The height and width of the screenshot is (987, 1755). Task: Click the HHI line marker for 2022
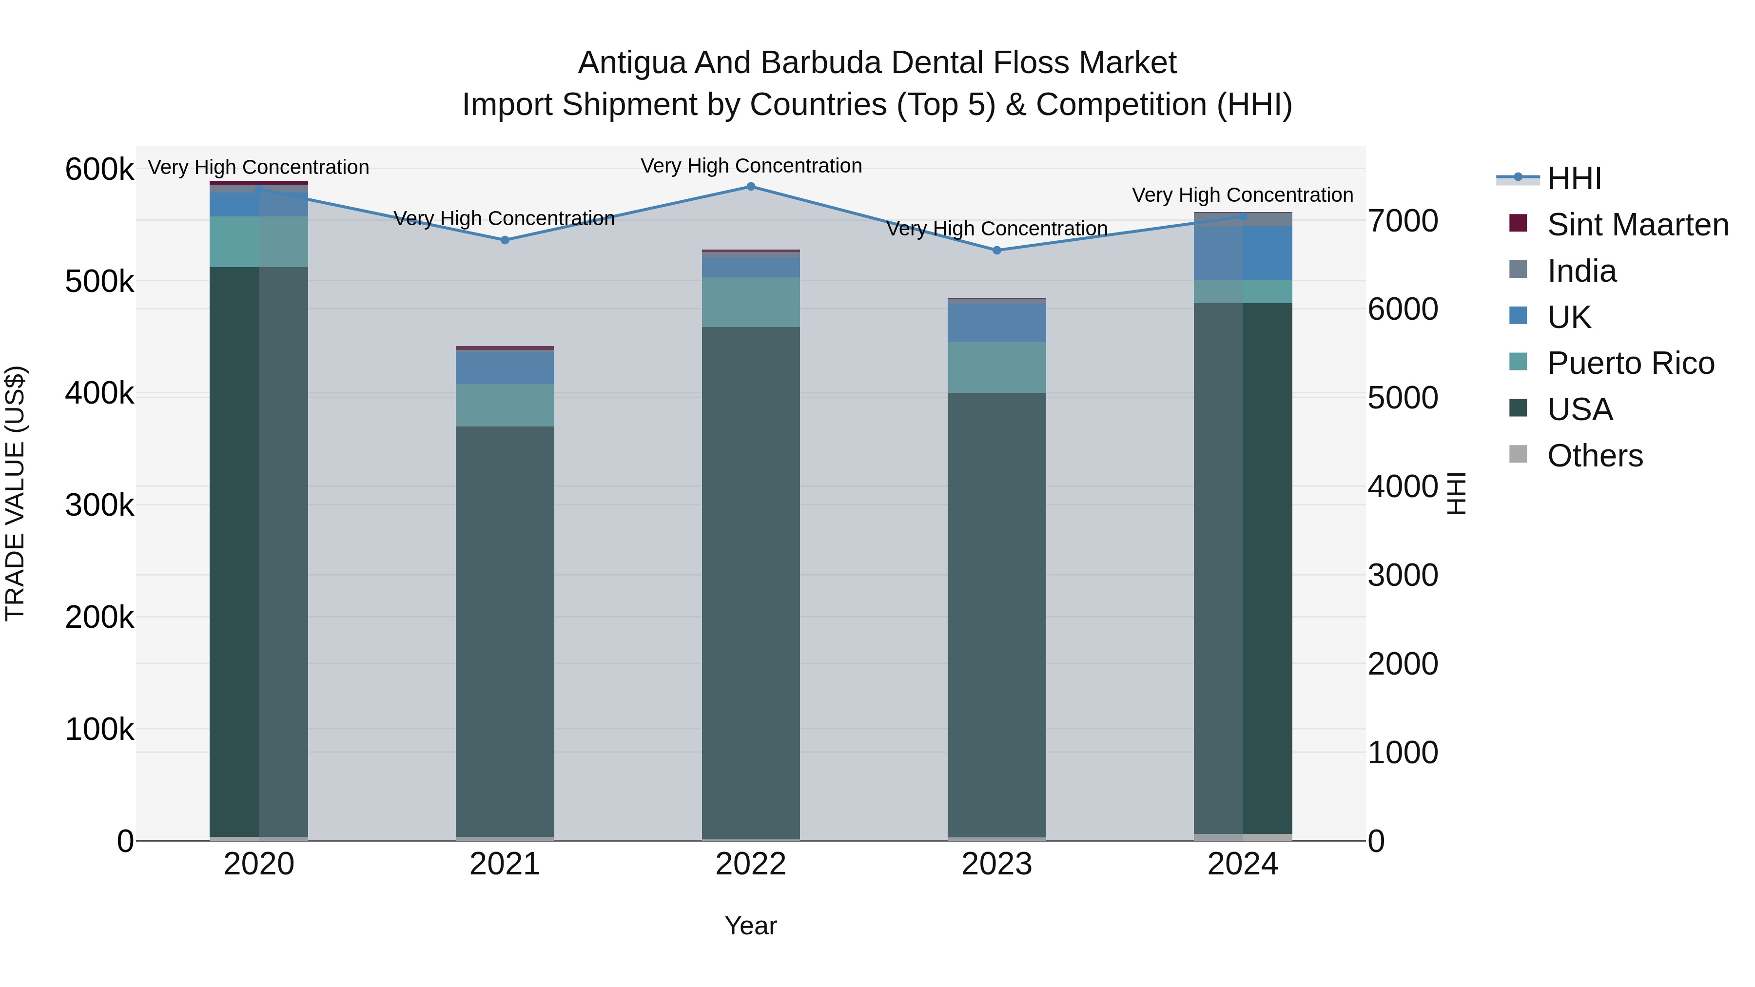pyautogui.click(x=751, y=187)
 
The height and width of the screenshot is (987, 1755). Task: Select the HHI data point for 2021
pyautogui.click(x=505, y=240)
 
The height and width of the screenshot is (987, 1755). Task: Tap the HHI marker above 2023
pyautogui.click(x=997, y=251)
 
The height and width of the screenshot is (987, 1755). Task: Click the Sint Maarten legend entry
pyautogui.click(x=1638, y=225)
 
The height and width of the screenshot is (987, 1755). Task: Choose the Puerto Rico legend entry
pyautogui.click(x=1630, y=363)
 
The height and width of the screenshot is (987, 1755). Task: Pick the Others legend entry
pyautogui.click(x=1595, y=456)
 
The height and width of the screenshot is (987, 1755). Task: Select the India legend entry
pyautogui.click(x=1581, y=271)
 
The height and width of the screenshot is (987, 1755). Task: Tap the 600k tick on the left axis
pyautogui.click(x=99, y=170)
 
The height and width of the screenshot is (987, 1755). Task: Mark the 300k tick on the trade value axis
pyautogui.click(x=99, y=505)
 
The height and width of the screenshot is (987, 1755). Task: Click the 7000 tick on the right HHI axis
pyautogui.click(x=1403, y=221)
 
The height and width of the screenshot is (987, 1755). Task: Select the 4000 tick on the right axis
pyautogui.click(x=1403, y=487)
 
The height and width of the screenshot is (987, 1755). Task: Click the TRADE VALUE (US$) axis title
pyautogui.click(x=15, y=493)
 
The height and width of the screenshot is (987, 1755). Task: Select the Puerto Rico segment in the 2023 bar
pyautogui.click(x=997, y=368)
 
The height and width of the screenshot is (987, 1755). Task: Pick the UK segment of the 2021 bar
pyautogui.click(x=505, y=368)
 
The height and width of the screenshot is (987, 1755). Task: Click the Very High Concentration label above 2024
pyautogui.click(x=1243, y=195)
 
